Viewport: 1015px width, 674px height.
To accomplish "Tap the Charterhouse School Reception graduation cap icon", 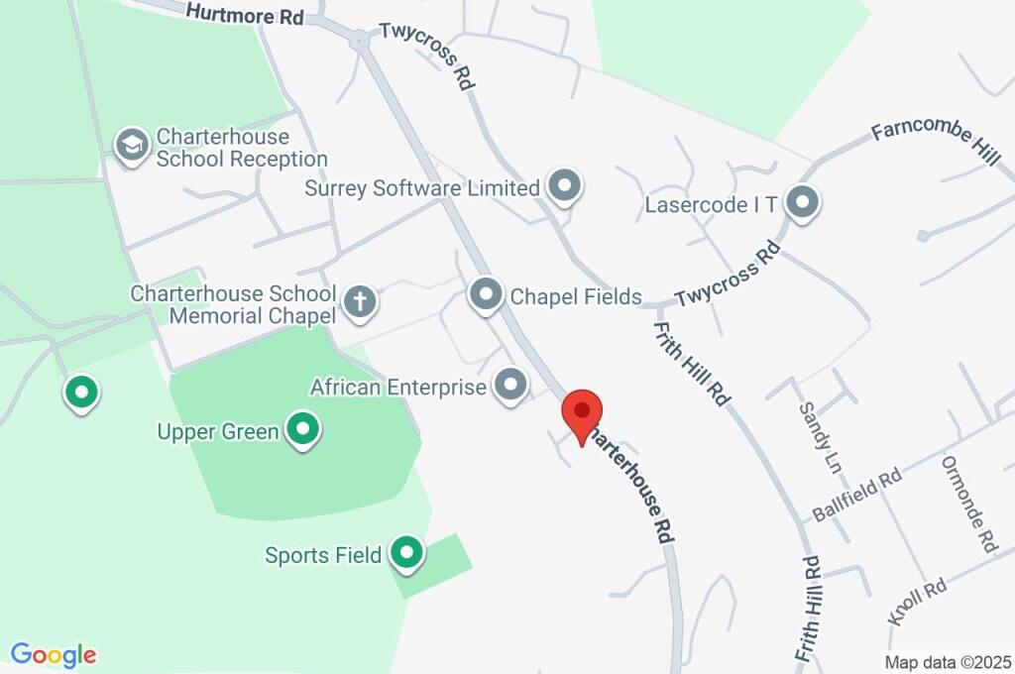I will click(131, 145).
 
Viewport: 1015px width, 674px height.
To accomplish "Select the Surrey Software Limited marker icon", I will click(565, 185).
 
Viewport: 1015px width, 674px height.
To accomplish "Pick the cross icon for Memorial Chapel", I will click(360, 300).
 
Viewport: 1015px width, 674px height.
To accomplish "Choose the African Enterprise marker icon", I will click(510, 385).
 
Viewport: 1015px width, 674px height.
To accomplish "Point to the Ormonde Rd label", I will click(967, 504).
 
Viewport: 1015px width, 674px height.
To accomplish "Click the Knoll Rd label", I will click(918, 603).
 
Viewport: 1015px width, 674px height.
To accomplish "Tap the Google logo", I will click(54, 655).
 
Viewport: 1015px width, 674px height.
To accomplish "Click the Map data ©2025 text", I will click(947, 661).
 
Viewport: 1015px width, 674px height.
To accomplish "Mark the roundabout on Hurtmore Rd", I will click(358, 40).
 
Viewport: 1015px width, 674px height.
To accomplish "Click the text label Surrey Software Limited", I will click(422, 186).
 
